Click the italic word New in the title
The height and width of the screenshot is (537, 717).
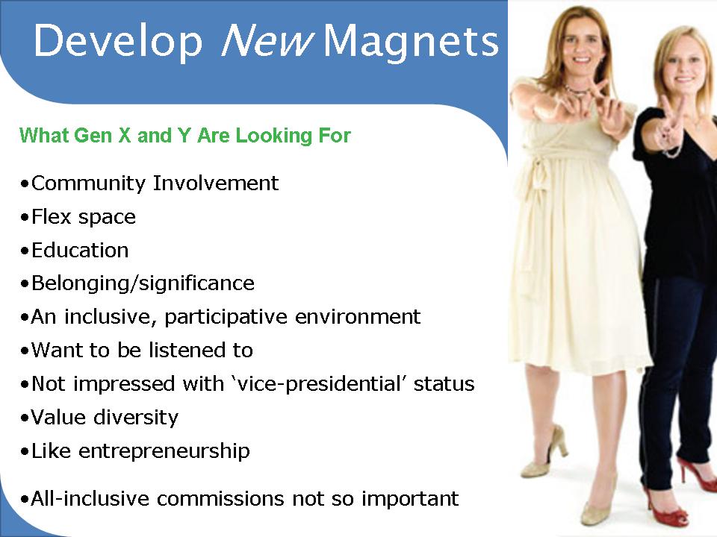267,40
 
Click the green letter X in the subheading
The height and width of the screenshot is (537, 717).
125,136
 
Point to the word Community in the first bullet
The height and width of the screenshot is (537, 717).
88,183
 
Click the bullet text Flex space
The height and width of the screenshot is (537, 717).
84,217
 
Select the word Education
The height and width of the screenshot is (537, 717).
80,251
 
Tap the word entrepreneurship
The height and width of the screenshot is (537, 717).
164,452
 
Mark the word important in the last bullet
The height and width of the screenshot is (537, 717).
410,499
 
